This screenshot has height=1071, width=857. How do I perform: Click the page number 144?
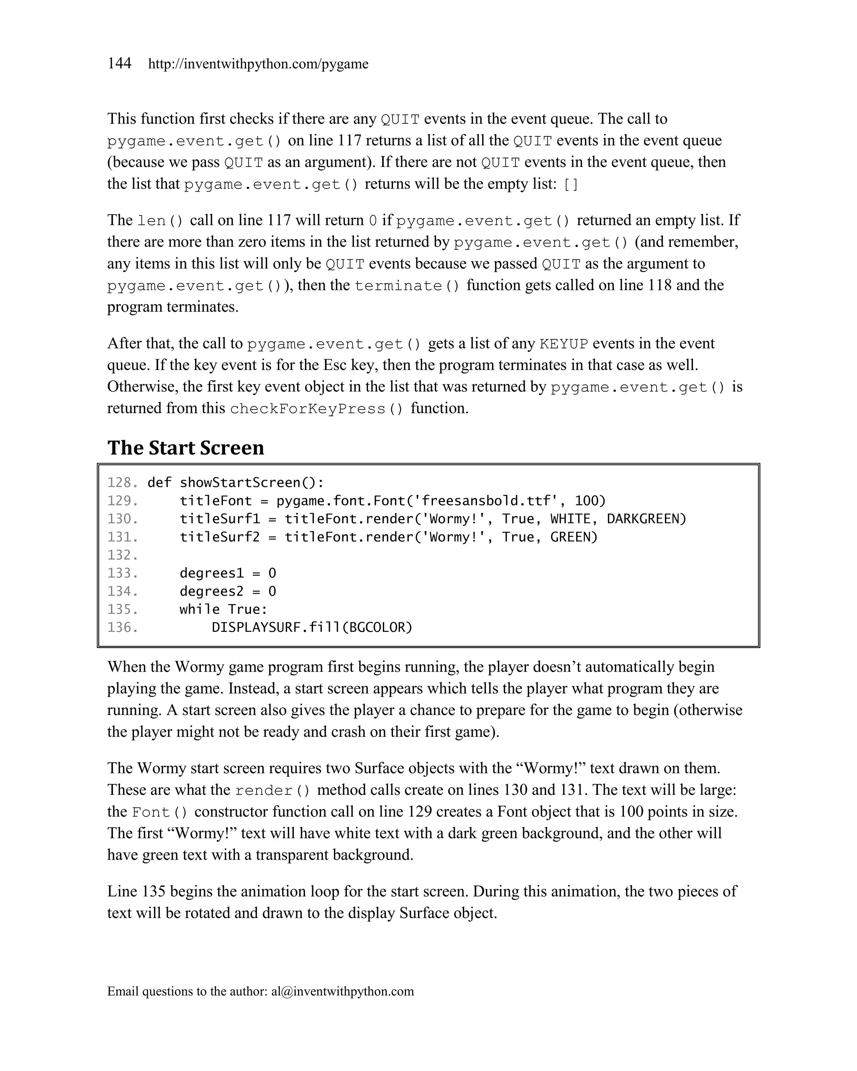tap(119, 63)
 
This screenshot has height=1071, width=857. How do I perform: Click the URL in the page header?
tap(258, 64)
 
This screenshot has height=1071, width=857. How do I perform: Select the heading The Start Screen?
tap(185, 448)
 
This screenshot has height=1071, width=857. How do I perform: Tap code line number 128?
tap(122, 482)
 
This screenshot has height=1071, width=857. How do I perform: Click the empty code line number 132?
tap(122, 555)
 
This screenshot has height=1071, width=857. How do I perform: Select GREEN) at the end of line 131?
tap(574, 537)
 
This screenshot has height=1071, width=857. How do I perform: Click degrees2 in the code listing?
tap(212, 591)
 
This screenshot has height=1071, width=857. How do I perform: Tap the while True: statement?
tap(223, 610)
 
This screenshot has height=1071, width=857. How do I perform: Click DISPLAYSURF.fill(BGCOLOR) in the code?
tap(312, 628)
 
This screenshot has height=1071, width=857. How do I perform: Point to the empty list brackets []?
tap(571, 185)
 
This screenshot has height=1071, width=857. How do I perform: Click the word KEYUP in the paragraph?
tap(564, 344)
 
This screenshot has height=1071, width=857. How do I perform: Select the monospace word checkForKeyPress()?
tap(317, 409)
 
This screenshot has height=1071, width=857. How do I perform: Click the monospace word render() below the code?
tap(273, 791)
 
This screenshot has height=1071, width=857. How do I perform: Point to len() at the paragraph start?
tap(160, 220)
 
